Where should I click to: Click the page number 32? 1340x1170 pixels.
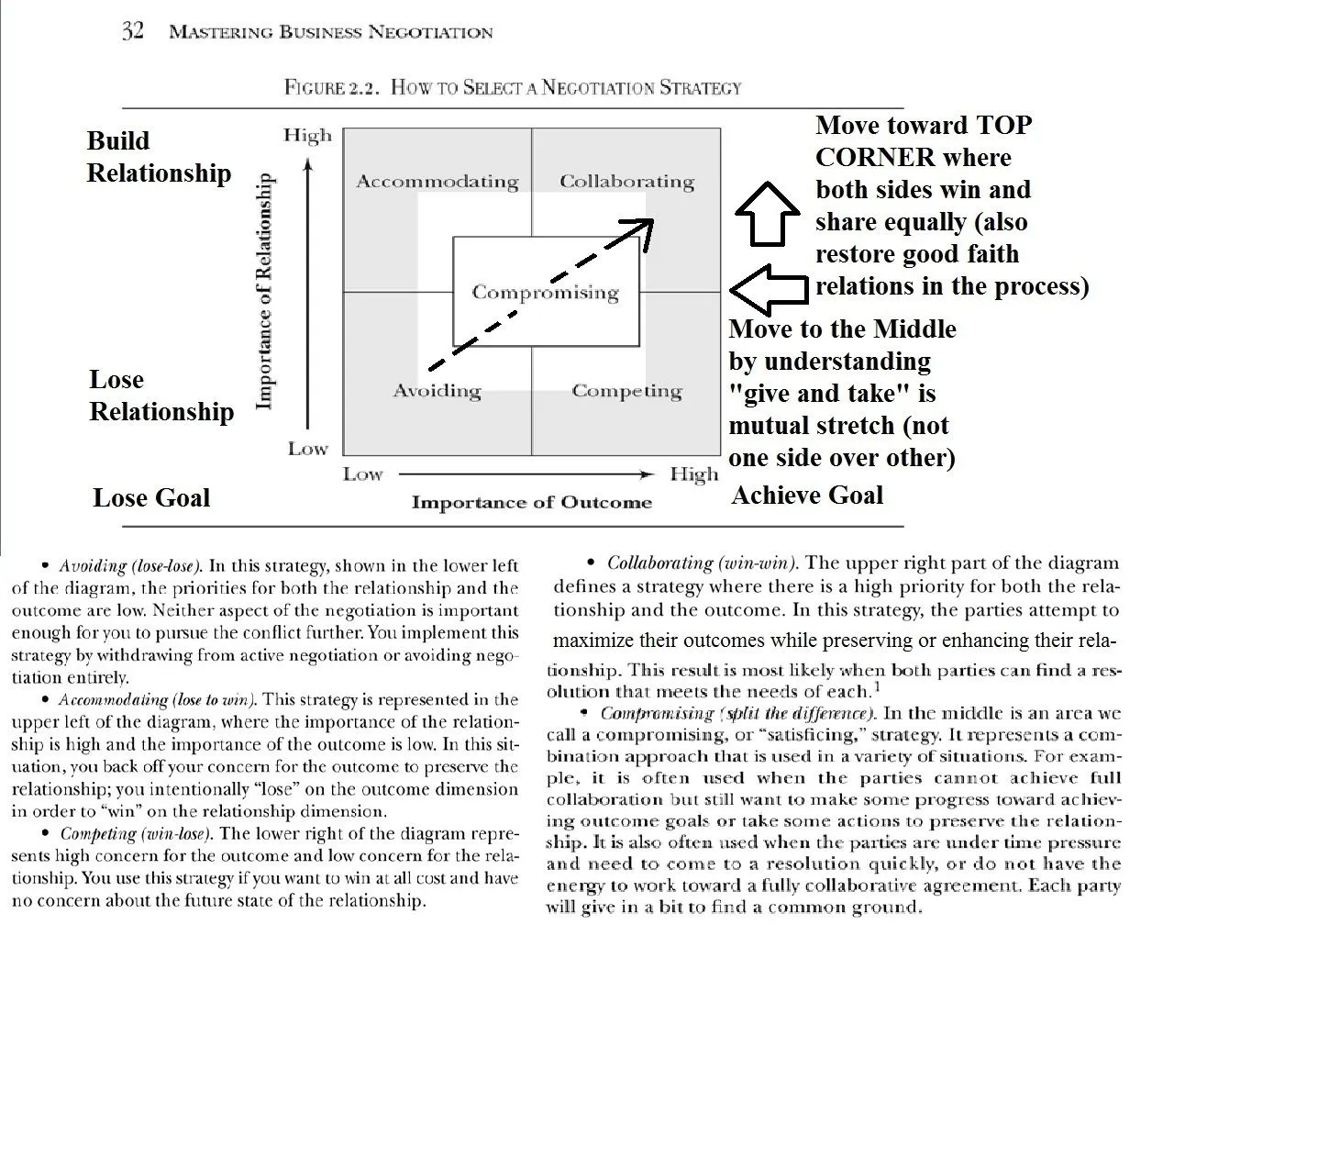click(x=133, y=31)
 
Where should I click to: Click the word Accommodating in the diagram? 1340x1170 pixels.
click(x=437, y=182)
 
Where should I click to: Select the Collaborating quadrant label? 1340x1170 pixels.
click(x=626, y=182)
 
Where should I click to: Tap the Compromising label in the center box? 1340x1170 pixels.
click(x=545, y=293)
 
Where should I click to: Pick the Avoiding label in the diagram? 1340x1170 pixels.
click(x=437, y=391)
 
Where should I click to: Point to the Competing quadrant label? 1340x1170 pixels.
click(x=626, y=391)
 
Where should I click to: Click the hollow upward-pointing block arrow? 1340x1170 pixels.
click(x=768, y=213)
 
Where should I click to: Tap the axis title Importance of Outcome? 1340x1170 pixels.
click(x=531, y=502)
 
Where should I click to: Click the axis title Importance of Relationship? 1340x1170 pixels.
click(x=264, y=291)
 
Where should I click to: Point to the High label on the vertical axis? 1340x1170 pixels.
click(x=307, y=136)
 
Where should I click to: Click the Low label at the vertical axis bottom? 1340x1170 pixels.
click(x=307, y=449)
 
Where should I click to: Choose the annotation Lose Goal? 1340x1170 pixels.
click(x=151, y=498)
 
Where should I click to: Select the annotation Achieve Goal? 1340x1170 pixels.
click(x=806, y=496)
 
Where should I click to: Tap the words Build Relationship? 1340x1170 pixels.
click(x=159, y=157)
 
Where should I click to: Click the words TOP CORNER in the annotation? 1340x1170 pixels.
click(x=913, y=141)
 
